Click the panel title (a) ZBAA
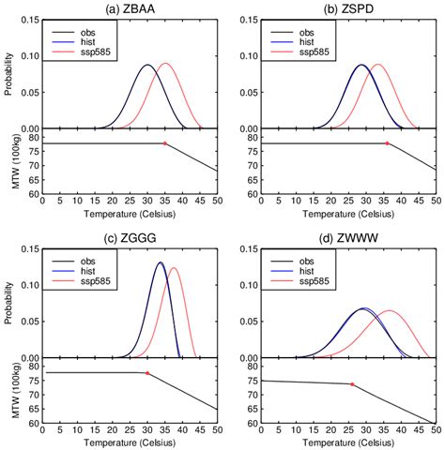point(130,8)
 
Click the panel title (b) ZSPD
point(351,8)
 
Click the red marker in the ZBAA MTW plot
point(165,143)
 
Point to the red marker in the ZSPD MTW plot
point(387,143)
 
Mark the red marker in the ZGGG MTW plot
point(147,373)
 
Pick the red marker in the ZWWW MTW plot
point(352,384)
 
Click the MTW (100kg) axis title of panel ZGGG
point(8,393)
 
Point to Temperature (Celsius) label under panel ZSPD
point(351,214)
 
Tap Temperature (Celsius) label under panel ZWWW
point(351,442)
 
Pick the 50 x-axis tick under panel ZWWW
point(438,432)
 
